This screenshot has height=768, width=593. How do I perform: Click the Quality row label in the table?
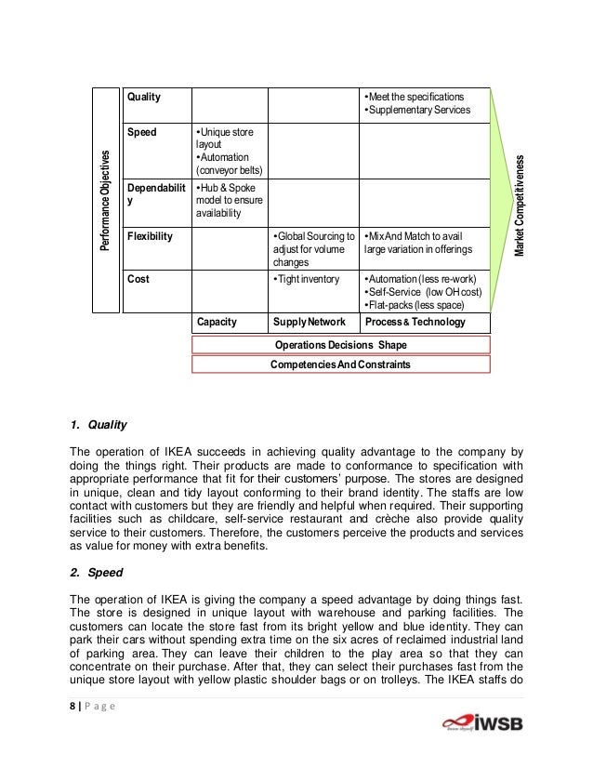(x=143, y=97)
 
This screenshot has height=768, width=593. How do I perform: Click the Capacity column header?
(x=216, y=322)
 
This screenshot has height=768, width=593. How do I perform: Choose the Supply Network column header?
(x=310, y=322)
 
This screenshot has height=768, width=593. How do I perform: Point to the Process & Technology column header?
(x=415, y=322)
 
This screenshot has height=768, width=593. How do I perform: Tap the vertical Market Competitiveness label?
(x=521, y=206)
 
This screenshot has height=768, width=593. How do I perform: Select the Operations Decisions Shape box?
(x=340, y=345)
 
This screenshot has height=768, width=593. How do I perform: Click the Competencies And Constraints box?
(x=340, y=365)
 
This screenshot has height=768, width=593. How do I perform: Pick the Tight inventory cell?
(x=308, y=278)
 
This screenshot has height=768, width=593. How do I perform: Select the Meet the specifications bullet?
(x=414, y=97)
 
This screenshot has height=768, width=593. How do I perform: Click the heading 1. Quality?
(x=92, y=427)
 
